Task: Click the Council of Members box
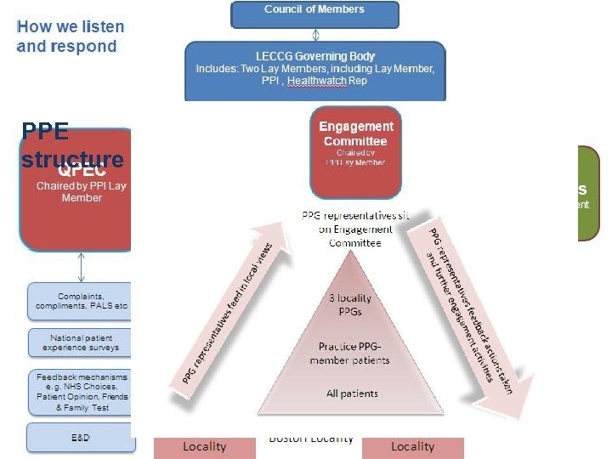314,12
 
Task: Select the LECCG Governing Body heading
315,55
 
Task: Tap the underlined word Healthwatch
318,81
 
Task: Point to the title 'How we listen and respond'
70,37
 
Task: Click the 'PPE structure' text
72,145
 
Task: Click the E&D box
81,437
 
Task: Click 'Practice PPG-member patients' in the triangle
354,353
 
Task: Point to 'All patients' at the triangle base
353,394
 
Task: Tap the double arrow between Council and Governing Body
314,35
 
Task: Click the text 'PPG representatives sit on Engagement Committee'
355,229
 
